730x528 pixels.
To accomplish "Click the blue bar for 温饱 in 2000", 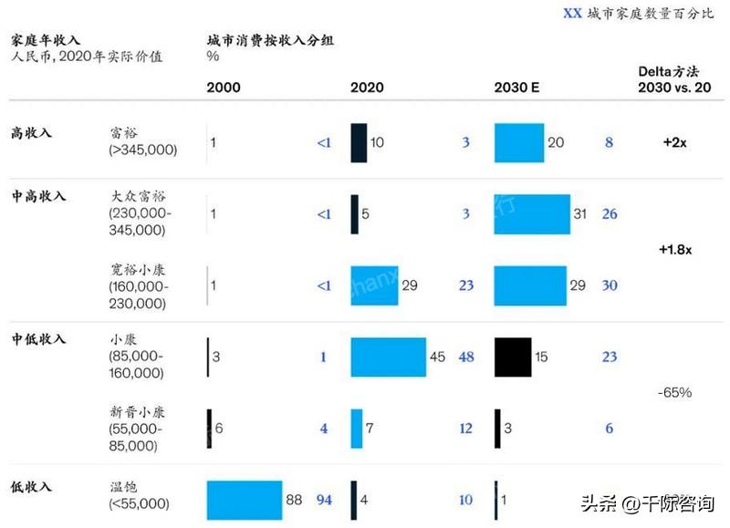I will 244,500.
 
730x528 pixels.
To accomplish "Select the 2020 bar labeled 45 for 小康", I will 388,357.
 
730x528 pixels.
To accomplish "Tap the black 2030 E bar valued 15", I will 512,357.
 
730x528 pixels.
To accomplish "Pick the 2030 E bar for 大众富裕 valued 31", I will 532,214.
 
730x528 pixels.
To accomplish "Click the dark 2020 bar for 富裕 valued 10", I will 359,143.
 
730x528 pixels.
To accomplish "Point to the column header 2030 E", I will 516,88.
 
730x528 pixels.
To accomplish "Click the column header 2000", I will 224,88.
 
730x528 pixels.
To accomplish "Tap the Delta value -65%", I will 674,392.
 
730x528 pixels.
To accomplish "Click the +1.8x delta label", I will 675,249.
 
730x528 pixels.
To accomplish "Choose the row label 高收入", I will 32,133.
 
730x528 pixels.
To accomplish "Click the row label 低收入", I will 32,488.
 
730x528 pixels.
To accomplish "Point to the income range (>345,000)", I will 142,150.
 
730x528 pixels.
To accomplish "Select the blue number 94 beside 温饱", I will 324,500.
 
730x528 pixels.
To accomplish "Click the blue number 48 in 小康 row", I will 466,357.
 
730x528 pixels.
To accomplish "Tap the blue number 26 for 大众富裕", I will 610,214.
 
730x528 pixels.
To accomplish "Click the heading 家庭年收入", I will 46,40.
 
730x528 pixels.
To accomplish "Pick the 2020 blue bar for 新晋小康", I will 357,429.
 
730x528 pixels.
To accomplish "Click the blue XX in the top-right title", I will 572,14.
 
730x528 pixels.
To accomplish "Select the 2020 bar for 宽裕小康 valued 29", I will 374,285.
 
